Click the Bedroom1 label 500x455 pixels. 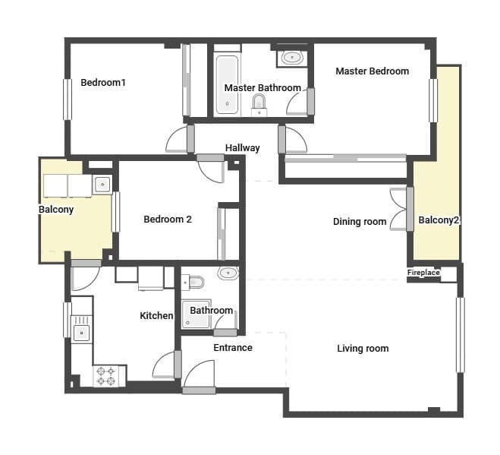(102, 83)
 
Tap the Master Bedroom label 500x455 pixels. (372, 71)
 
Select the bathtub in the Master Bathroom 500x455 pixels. (227, 84)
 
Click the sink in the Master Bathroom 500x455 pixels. (291, 57)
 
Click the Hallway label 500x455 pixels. (242, 148)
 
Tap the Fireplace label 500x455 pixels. (423, 273)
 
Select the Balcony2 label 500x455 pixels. (439, 220)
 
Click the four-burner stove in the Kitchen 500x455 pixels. (108, 375)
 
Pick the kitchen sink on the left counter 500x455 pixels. (80, 330)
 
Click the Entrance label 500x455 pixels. (232, 348)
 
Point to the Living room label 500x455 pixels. (363, 349)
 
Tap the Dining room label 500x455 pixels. (360, 222)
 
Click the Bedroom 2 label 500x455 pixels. (167, 220)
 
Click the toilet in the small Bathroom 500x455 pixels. (194, 283)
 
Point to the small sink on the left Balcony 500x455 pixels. (102, 185)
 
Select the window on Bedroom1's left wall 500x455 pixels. (67, 99)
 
